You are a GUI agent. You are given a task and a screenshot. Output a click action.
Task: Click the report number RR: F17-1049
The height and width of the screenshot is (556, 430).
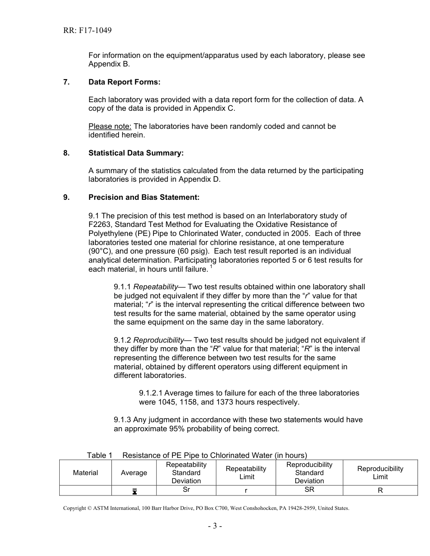pyautogui.click(x=87, y=31)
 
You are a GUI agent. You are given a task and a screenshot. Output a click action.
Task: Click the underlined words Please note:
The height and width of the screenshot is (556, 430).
pyautogui.click(x=110, y=126)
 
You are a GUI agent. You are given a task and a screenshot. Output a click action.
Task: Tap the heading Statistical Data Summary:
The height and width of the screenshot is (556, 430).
pyautogui.click(x=136, y=153)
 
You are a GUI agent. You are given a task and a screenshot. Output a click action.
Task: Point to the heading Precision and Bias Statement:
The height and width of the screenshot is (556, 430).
pyautogui.click(x=143, y=197)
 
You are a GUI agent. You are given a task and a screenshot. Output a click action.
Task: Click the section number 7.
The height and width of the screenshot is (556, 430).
pyautogui.click(x=66, y=82)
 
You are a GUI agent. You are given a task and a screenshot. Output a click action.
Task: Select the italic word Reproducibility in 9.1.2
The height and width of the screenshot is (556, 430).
pyautogui.click(x=158, y=340)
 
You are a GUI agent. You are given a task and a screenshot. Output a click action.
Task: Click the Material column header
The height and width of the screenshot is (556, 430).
pyautogui.click(x=85, y=473)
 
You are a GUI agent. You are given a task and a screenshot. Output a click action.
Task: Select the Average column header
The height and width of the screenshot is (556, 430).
pyautogui.click(x=134, y=473)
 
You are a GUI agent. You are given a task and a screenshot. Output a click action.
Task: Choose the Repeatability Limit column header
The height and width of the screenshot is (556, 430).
pyautogui.click(x=246, y=473)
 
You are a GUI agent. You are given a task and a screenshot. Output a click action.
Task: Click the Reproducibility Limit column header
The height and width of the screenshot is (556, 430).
pyautogui.click(x=380, y=473)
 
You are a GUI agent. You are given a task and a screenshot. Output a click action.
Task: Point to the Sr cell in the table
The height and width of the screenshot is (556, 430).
pyautogui.click(x=186, y=490)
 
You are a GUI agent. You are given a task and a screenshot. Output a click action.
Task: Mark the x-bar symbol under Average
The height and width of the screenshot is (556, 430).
pyautogui.click(x=134, y=491)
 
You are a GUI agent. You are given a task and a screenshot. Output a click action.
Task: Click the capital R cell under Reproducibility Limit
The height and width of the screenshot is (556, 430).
pyautogui.click(x=380, y=490)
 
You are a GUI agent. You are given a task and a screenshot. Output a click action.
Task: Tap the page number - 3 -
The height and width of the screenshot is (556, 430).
pyautogui.click(x=215, y=526)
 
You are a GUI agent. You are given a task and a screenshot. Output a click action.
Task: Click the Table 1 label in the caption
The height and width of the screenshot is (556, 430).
pyautogui.click(x=100, y=455)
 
